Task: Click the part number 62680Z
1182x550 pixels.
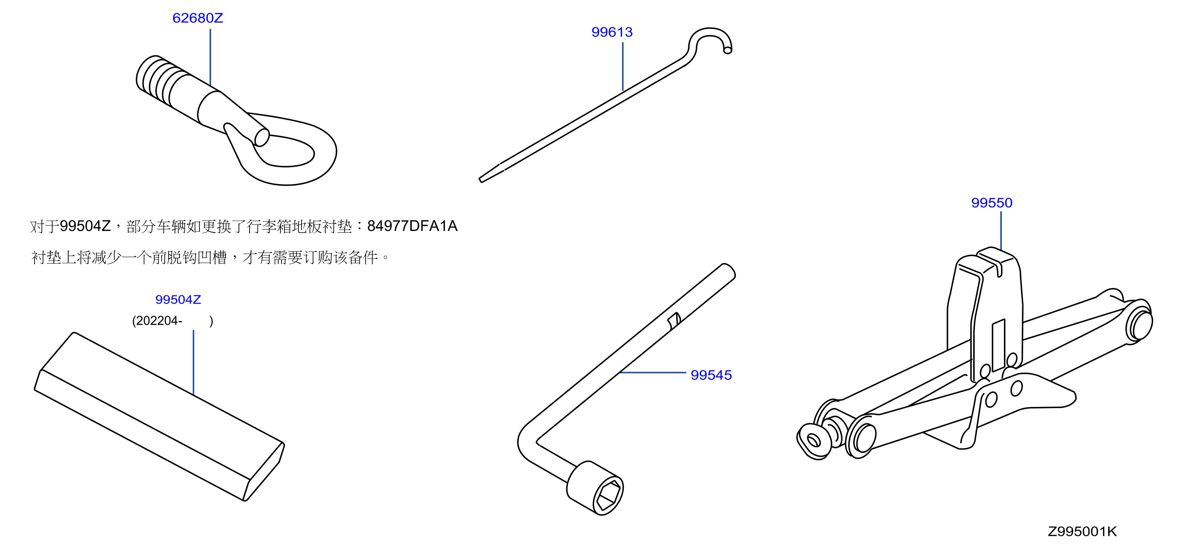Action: coord(197,18)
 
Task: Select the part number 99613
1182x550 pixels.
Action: coord(612,32)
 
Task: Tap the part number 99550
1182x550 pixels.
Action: coord(992,203)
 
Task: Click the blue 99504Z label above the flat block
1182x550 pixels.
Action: coord(178,299)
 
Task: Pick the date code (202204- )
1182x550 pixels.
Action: coord(172,321)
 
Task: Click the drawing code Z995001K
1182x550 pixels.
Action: coord(1082,531)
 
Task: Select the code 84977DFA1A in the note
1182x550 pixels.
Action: coord(412,226)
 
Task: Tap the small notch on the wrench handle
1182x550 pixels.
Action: coord(674,321)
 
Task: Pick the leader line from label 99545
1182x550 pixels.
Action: coord(652,373)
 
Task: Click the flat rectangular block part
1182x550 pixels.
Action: coord(159,417)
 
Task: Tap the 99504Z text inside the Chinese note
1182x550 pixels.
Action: coord(85,226)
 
